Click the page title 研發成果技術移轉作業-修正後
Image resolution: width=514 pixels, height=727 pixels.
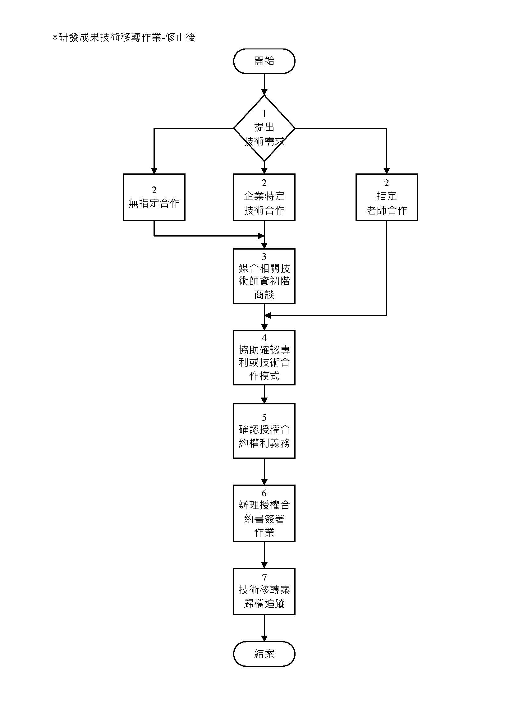click(124, 37)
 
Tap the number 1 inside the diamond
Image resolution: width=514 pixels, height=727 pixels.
click(264, 114)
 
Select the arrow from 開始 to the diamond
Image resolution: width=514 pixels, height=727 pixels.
click(264, 85)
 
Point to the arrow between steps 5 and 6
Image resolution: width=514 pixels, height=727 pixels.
click(264, 472)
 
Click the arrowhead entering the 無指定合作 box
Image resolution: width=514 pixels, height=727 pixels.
click(154, 171)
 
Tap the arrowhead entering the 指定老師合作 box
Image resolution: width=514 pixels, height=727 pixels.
click(387, 171)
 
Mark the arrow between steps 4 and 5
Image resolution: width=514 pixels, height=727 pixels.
click(264, 394)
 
